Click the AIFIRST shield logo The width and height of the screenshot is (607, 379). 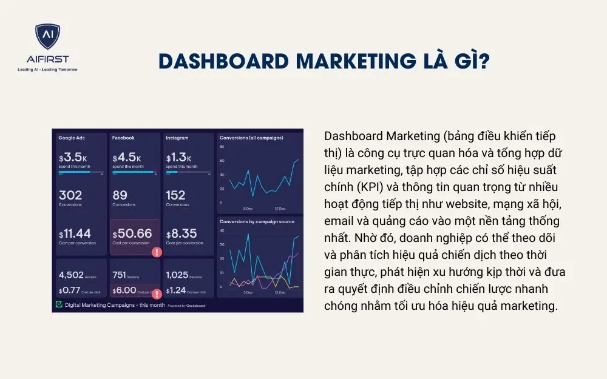[47, 38]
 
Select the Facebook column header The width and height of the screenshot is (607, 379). [123, 138]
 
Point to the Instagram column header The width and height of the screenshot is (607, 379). [178, 138]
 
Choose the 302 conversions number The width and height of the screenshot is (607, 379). [70, 195]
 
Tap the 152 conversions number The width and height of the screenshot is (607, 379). [176, 195]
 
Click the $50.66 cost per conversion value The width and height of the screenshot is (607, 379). [132, 233]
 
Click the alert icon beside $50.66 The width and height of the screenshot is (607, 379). [157, 252]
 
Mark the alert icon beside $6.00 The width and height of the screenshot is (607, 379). [157, 294]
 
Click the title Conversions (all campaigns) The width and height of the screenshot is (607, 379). [251, 138]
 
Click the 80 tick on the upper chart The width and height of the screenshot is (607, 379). [222, 147]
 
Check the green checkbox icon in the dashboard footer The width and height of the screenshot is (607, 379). [59, 305]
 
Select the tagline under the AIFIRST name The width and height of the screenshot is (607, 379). [47, 70]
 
